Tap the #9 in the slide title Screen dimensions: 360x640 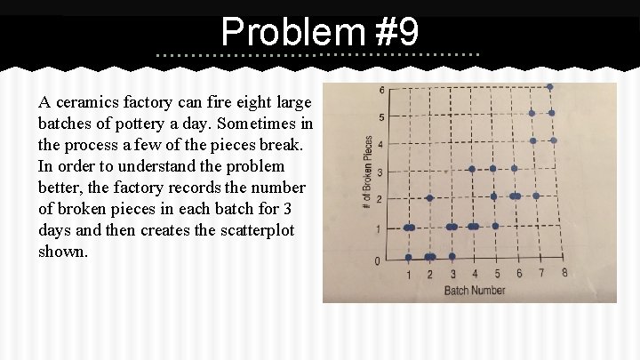[396, 33]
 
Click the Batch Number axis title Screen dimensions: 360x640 [474, 291]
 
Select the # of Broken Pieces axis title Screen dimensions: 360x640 [368, 172]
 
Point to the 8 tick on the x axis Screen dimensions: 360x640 [564, 273]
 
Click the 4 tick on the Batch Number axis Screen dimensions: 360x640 [475, 274]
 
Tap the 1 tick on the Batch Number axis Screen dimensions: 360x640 [410, 274]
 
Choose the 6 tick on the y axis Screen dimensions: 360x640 [382, 91]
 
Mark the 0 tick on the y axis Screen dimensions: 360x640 [379, 260]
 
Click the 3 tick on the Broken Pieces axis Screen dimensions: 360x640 [380, 172]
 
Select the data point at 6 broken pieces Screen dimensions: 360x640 [550, 87]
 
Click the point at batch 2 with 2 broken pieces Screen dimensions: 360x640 [430, 198]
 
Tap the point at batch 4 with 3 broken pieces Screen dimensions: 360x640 [472, 169]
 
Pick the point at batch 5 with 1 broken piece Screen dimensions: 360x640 [496, 226]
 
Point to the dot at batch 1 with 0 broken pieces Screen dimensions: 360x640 [409, 258]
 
